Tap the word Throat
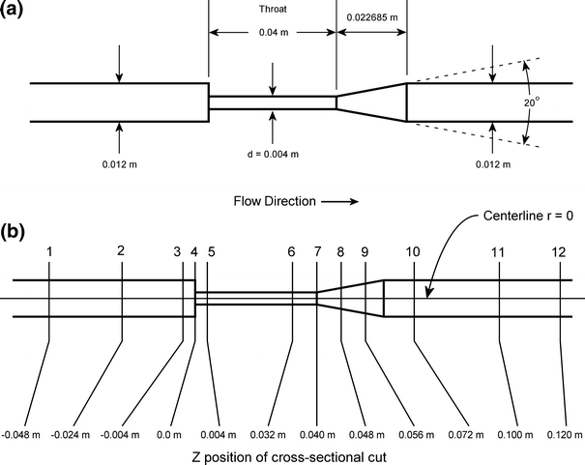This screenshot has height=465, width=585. tap(273, 11)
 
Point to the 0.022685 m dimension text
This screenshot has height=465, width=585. tap(372, 16)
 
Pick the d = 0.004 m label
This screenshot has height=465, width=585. tap(273, 154)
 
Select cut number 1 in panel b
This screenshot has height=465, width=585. tap(49, 251)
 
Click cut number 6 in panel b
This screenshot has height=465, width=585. tap(291, 251)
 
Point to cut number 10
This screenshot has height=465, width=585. tap(413, 251)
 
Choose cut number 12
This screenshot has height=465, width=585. tap(559, 251)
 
